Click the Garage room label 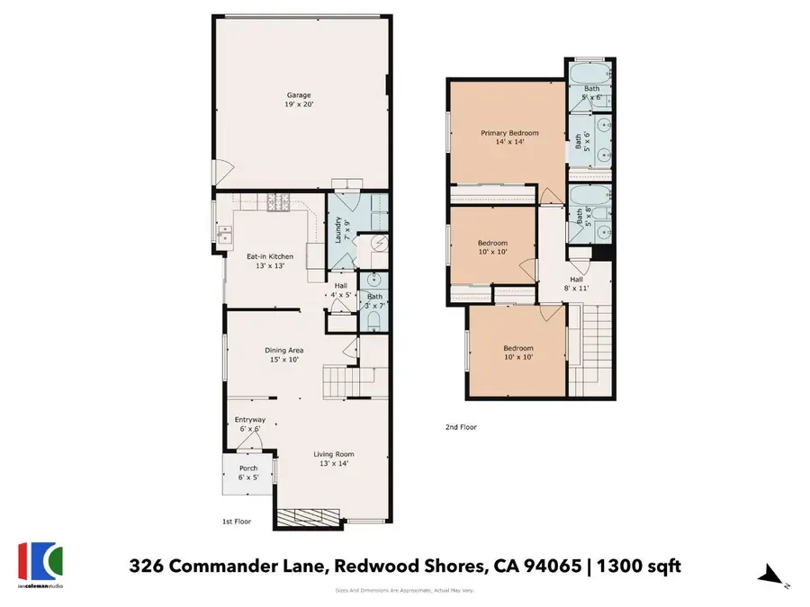tap(300, 99)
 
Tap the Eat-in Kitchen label tap(271, 261)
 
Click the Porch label tap(247, 472)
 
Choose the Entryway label tap(249, 424)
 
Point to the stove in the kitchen tap(276, 208)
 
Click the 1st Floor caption tap(237, 522)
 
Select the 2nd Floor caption tap(461, 427)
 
